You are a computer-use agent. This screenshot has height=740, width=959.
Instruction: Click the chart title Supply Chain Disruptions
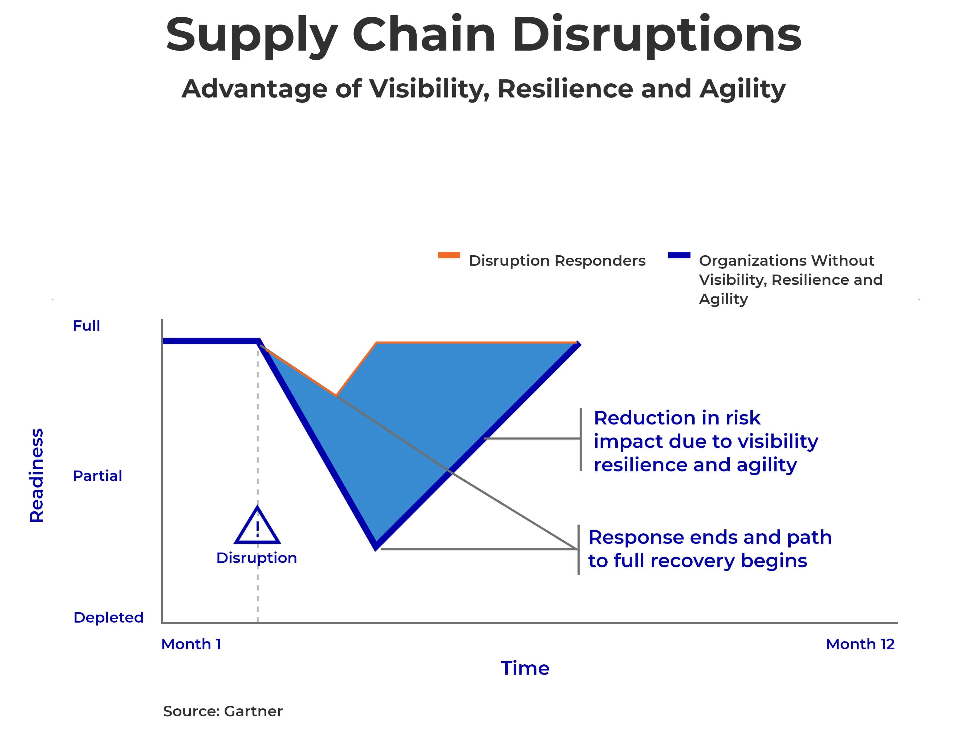coord(483,35)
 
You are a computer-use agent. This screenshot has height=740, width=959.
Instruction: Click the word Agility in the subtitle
coord(742,89)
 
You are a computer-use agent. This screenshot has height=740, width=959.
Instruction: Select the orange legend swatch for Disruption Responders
coord(449,255)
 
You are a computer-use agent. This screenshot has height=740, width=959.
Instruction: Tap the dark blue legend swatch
coord(679,255)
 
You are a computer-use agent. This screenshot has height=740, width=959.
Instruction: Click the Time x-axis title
coord(525,668)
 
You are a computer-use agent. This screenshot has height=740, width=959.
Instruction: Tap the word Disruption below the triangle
coord(257,558)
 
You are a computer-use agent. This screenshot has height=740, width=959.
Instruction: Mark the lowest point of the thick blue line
coord(376,546)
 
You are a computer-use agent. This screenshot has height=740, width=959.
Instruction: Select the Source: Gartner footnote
coord(223,711)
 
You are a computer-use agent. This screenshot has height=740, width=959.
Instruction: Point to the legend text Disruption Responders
coord(557,261)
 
